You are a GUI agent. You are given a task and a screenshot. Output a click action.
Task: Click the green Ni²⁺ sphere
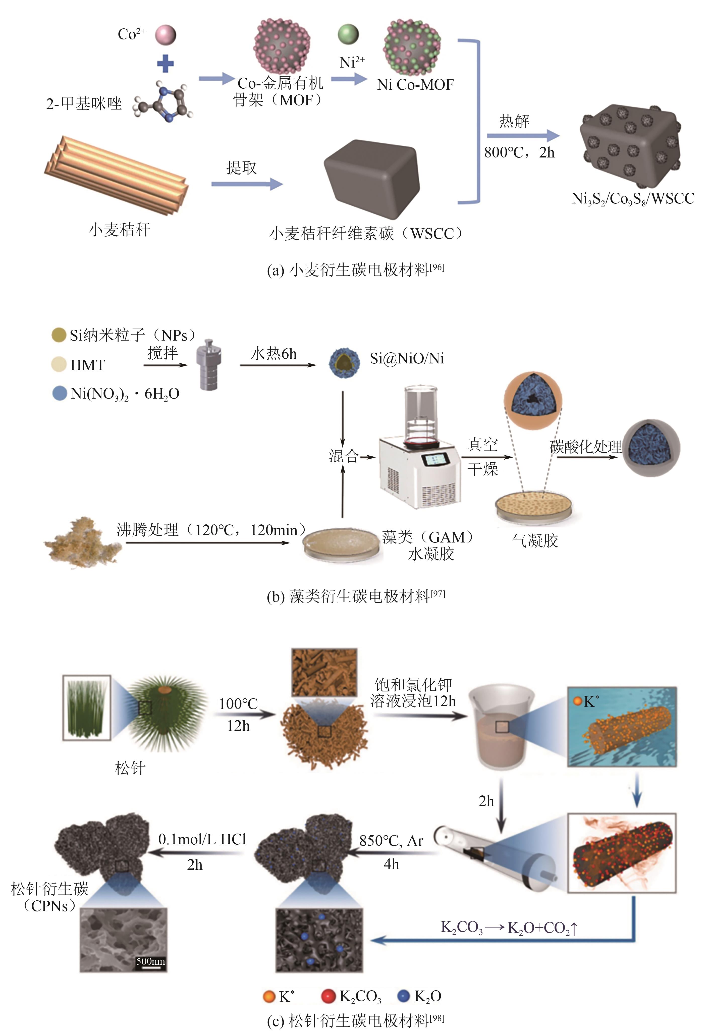348,34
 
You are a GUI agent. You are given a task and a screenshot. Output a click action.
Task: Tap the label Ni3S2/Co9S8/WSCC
633,198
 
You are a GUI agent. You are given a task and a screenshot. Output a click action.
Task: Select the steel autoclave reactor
209,364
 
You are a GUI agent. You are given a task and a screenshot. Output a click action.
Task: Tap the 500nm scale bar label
150,961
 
